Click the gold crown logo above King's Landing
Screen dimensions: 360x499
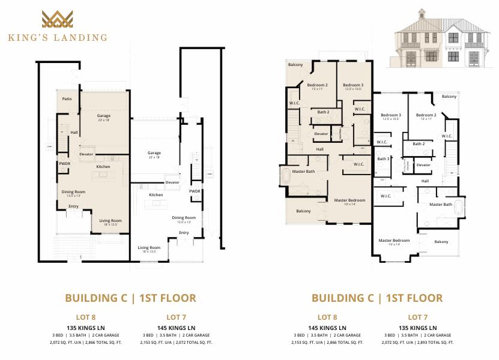58,20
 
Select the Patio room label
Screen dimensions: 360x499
67,98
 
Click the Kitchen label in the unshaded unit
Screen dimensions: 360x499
156,195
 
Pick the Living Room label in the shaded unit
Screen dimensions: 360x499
111,221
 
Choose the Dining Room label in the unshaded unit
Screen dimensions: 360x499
184,217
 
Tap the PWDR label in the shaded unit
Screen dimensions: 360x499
65,163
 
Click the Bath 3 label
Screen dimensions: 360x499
383,159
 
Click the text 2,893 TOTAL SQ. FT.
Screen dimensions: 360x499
432,343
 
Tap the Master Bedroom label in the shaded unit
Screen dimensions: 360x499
349,200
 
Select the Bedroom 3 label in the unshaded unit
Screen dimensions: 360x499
391,115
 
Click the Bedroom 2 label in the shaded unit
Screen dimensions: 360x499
317,85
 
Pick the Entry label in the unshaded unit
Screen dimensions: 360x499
184,233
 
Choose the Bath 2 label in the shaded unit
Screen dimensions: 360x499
323,112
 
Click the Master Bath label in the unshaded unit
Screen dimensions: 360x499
440,205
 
